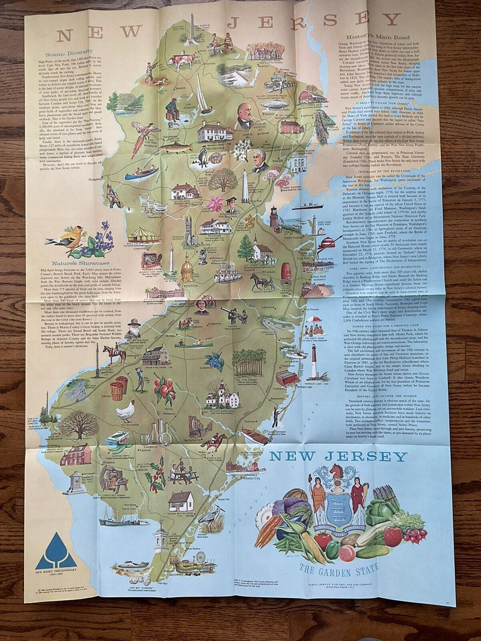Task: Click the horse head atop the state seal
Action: (x=337, y=473)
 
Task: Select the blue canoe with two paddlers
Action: (x=142, y=173)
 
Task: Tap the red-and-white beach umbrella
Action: (x=314, y=320)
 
